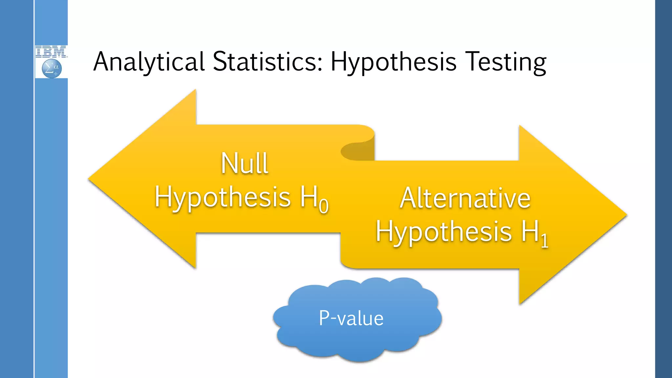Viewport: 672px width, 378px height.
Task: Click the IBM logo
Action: point(51,52)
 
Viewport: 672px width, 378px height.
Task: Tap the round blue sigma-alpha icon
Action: point(52,69)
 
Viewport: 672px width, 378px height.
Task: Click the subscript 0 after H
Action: point(324,206)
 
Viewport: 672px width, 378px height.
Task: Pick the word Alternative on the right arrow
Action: point(465,198)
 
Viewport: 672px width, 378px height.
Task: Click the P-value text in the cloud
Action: point(351,318)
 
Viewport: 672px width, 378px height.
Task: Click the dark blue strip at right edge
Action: point(663,189)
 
